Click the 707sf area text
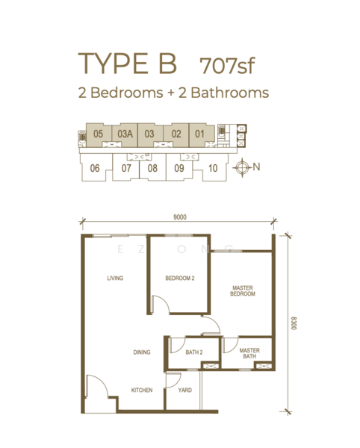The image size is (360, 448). click(x=227, y=66)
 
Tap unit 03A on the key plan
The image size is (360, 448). click(x=125, y=134)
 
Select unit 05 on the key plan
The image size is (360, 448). click(x=98, y=134)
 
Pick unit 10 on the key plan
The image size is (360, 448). click(x=213, y=168)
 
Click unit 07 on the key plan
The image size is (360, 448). click(x=126, y=168)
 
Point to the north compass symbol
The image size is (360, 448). click(x=242, y=167)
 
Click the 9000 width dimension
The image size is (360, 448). click(x=180, y=217)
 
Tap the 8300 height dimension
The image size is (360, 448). click(x=294, y=323)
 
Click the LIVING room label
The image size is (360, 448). click(x=115, y=278)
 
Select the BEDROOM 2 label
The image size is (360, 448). click(x=180, y=278)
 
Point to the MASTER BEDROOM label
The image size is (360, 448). click(x=243, y=291)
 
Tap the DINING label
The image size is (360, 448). click(x=142, y=352)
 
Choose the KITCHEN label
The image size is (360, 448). click(x=142, y=390)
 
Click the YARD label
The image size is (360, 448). click(x=185, y=390)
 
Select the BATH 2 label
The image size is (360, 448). click(x=194, y=352)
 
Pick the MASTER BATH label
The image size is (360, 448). click(x=249, y=353)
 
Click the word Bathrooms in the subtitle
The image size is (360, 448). click(x=230, y=93)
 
